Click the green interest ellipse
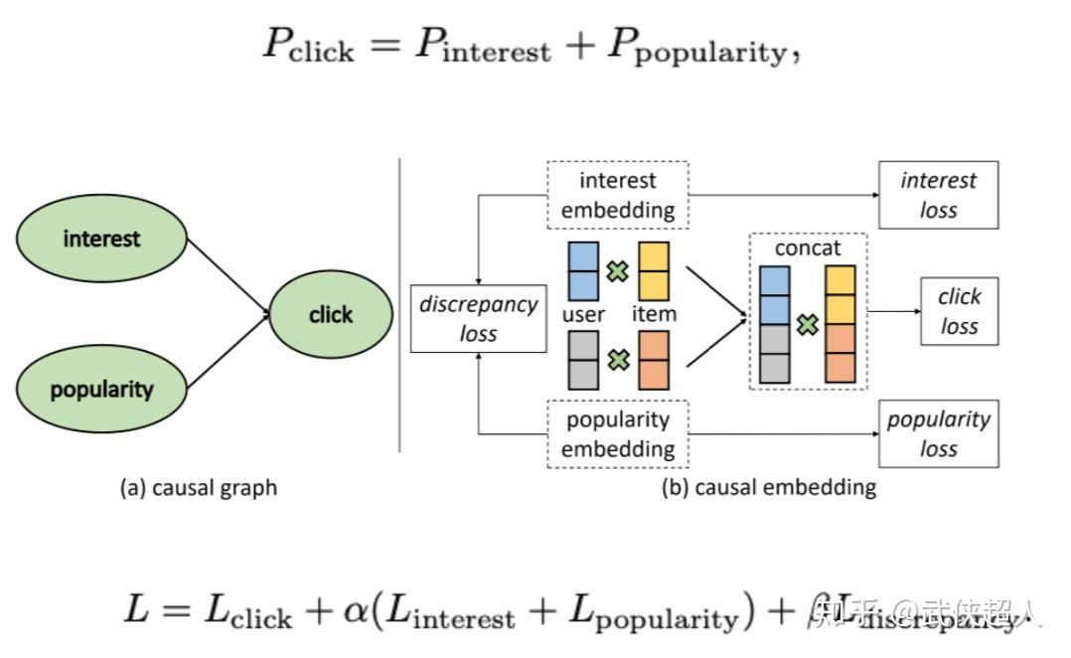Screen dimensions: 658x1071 tap(101, 239)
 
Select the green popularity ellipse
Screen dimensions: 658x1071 tap(101, 388)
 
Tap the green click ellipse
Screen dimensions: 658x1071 tap(330, 314)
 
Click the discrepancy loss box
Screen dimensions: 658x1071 tap(478, 319)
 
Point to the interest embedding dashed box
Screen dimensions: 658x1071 tap(617, 195)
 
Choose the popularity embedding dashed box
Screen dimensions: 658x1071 tap(617, 433)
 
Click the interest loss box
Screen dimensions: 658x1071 tap(938, 195)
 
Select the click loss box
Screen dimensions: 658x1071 tap(959, 311)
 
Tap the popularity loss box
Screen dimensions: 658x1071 tap(938, 433)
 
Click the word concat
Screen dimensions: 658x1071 tap(808, 247)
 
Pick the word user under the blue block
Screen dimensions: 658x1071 tap(584, 314)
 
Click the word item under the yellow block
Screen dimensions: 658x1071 tap(654, 314)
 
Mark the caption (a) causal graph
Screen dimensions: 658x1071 tap(199, 488)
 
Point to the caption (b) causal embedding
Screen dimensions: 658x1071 tap(769, 488)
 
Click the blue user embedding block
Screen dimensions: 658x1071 tap(582, 270)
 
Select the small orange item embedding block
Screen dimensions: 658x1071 tap(654, 359)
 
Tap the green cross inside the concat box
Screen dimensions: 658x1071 tap(807, 324)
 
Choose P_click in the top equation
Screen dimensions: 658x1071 tap(307, 45)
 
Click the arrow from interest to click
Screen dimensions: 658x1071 tap(229, 275)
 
